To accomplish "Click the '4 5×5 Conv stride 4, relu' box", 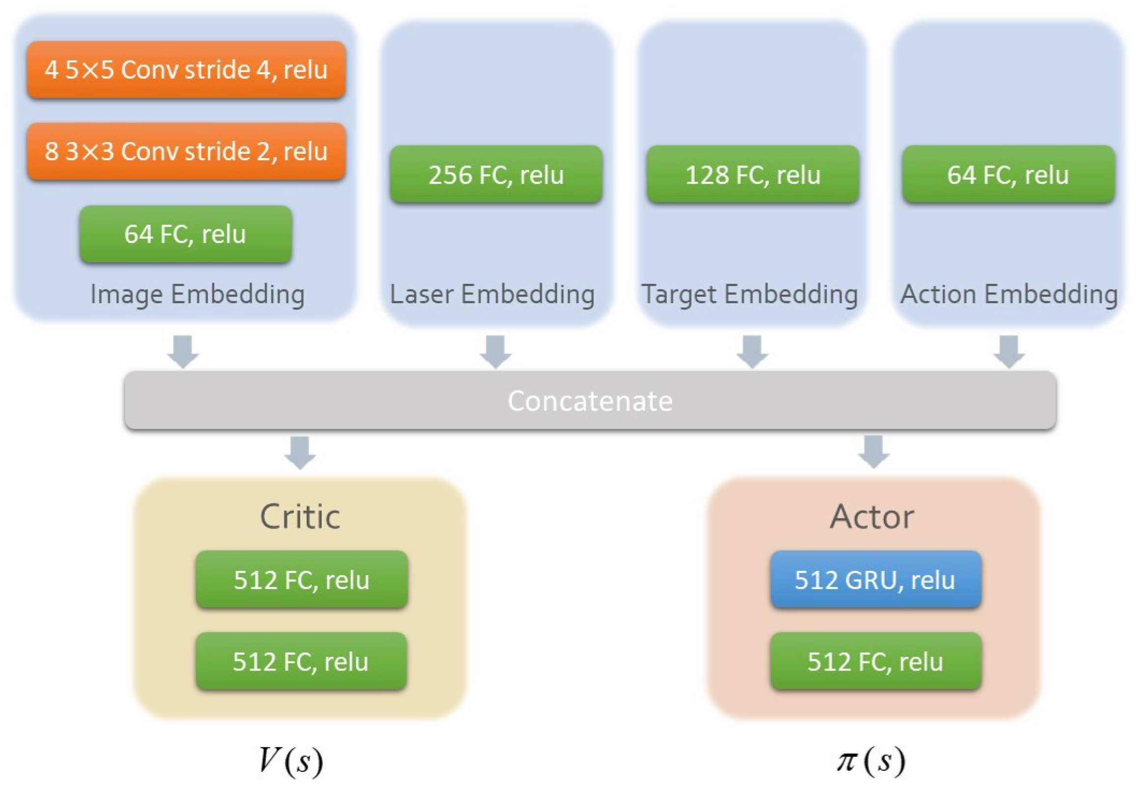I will point(186,70).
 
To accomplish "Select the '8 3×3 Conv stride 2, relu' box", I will point(186,151).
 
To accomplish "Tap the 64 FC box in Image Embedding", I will point(186,234).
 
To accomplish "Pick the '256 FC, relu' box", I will point(496,174).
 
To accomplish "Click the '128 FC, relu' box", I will point(753,174).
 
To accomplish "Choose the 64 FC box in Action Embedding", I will point(1009,174).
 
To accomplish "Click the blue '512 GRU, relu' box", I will point(875,579).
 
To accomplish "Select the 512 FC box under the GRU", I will point(875,661).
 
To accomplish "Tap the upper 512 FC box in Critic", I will point(302,579).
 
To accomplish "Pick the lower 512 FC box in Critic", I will point(301,661).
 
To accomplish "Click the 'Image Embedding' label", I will point(198,294).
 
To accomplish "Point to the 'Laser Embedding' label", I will point(492,294).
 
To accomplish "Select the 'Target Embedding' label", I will point(749,294).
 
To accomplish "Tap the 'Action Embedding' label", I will point(1009,294).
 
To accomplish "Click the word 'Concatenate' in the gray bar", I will point(590,400).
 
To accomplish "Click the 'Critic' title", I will point(300,516).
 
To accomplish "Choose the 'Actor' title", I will point(872,516).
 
